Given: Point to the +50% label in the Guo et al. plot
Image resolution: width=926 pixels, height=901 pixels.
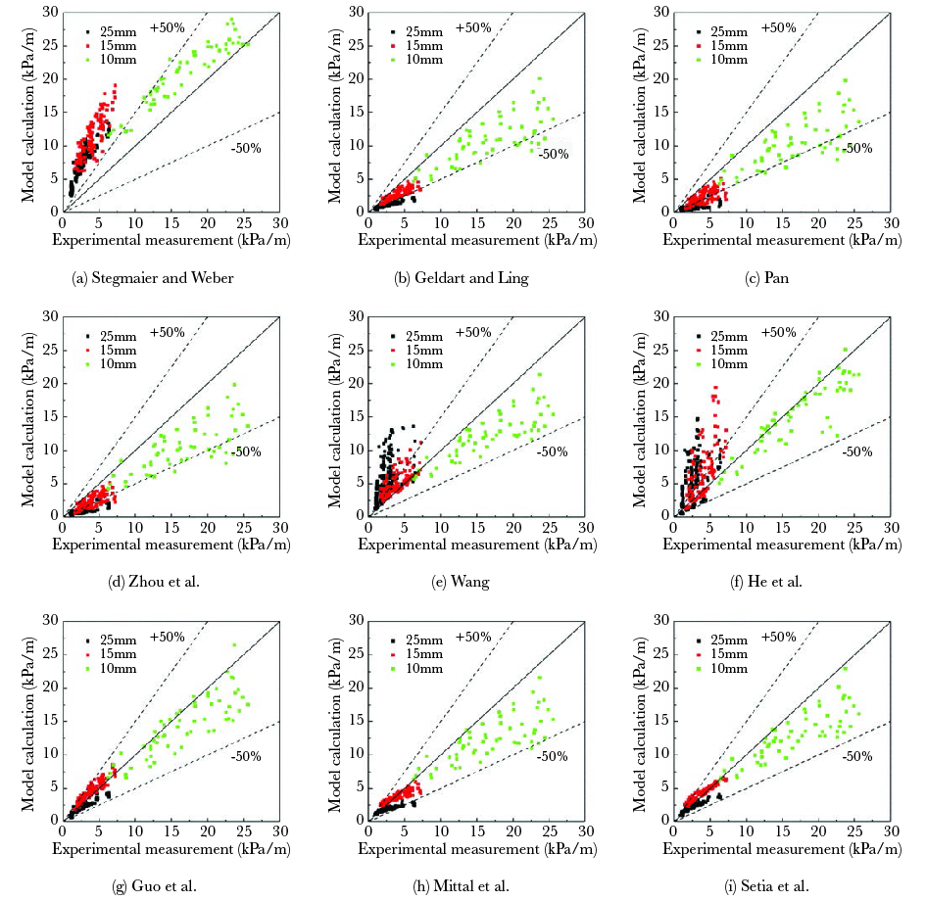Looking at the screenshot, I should (168, 637).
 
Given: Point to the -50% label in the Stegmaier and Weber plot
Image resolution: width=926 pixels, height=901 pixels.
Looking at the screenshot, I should (245, 148).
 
